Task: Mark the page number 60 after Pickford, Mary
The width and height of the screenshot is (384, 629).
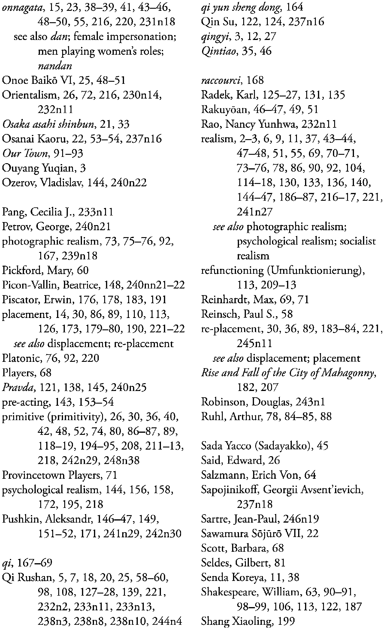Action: coord(83,270)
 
